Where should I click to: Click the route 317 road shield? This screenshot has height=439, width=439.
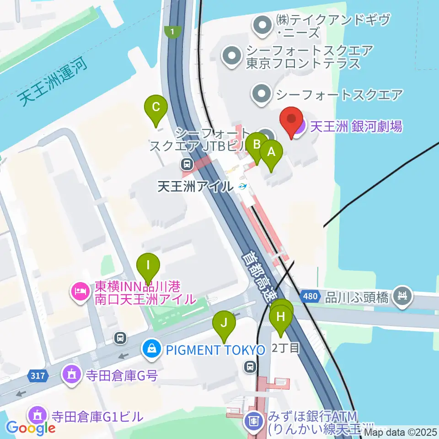[39, 376]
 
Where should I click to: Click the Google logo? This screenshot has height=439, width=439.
[31, 428]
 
